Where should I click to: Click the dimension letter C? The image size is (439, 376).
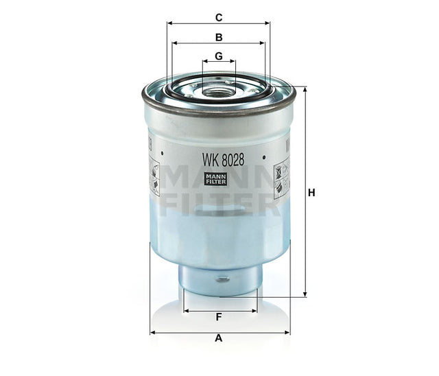[219, 16]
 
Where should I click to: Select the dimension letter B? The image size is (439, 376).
[219, 36]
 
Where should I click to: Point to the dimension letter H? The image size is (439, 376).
[311, 193]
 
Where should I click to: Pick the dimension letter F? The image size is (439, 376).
[219, 317]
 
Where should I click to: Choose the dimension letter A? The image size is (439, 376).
[219, 338]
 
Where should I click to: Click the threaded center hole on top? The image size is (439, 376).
[219, 89]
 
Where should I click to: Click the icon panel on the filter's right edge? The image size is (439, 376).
[281, 176]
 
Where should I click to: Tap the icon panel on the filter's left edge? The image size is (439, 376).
[155, 176]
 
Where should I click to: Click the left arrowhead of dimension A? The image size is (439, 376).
[153, 332]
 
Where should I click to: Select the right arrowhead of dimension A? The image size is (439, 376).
[285, 332]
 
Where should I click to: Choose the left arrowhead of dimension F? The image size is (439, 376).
[186, 310]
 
